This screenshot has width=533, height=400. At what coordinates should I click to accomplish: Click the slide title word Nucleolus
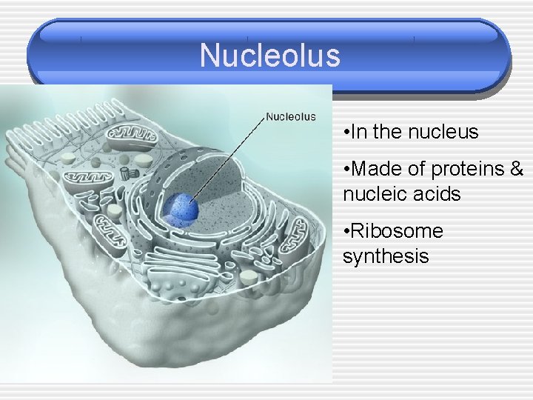point(269,56)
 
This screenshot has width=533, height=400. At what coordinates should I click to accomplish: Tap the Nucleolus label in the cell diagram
point(291,116)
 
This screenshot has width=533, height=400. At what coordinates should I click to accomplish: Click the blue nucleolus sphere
point(181,209)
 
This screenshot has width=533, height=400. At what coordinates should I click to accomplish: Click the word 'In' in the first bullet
point(360,133)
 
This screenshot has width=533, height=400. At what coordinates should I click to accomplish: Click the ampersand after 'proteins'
point(516,169)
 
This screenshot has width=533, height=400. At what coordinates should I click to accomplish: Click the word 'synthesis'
point(386,256)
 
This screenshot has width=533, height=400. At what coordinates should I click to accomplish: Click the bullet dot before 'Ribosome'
point(347,232)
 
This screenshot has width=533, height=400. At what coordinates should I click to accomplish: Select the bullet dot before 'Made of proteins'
point(347,170)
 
